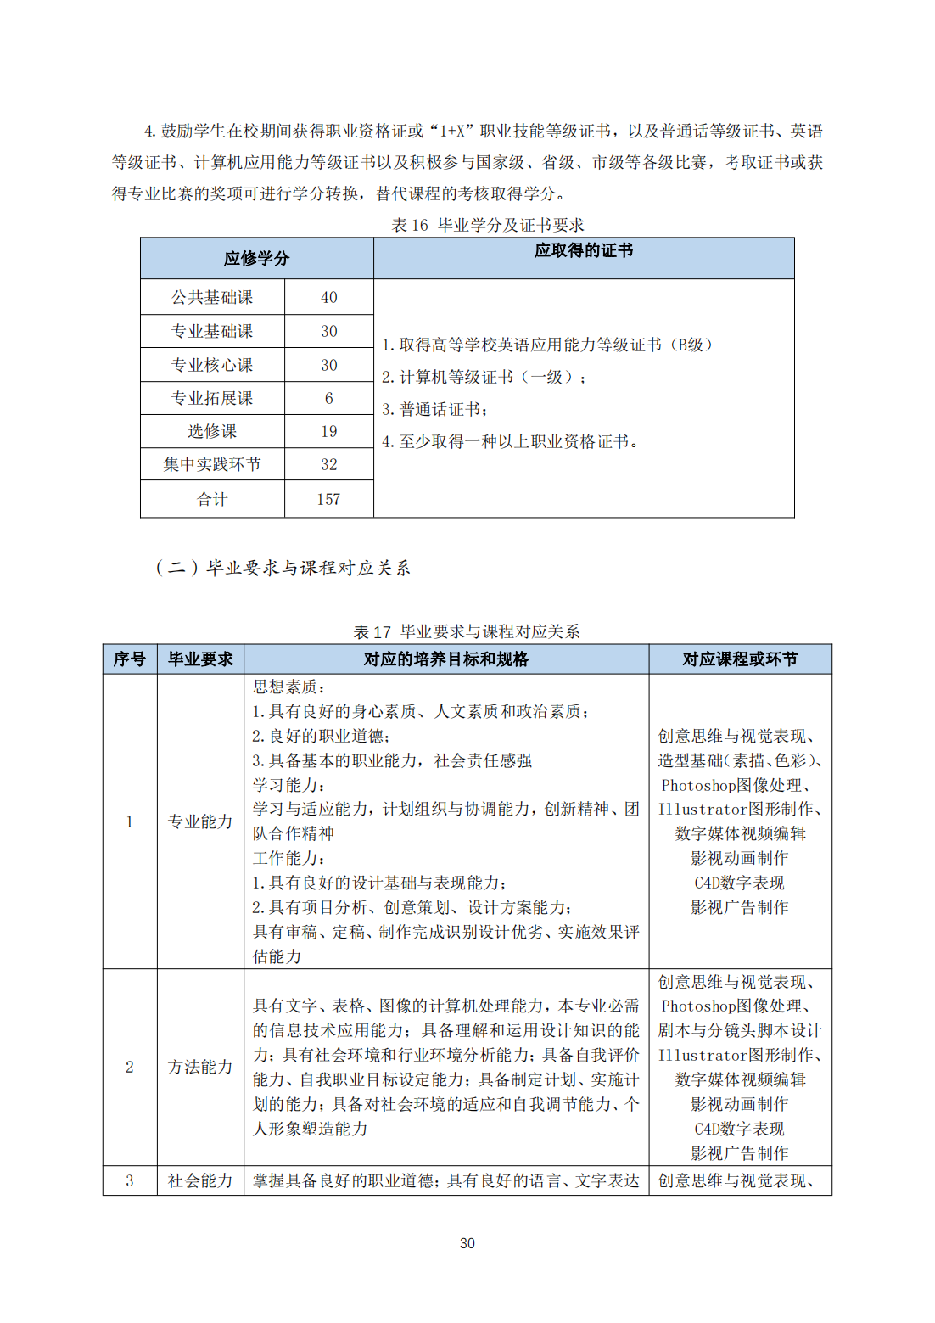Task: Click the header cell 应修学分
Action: click(x=256, y=258)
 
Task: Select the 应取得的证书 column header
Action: click(x=584, y=250)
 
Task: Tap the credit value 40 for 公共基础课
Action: click(x=329, y=297)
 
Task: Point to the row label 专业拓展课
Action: click(x=212, y=398)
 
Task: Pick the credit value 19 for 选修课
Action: click(x=329, y=431)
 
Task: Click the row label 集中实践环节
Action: click(x=212, y=464)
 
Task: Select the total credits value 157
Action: click(x=328, y=499)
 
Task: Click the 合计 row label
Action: click(x=212, y=499)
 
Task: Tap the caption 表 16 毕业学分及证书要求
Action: click(x=488, y=225)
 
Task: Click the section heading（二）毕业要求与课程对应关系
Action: click(x=283, y=568)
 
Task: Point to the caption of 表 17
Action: click(x=467, y=631)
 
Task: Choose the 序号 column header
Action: click(x=130, y=659)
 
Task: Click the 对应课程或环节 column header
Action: click(x=740, y=659)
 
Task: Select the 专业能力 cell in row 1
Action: click(x=200, y=821)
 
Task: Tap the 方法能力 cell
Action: click(x=200, y=1067)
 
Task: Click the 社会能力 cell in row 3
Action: click(x=200, y=1180)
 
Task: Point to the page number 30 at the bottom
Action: click(x=467, y=1243)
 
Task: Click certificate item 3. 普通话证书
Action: click(x=434, y=409)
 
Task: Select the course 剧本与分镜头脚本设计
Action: click(x=740, y=1030)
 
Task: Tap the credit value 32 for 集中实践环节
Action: click(x=329, y=464)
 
